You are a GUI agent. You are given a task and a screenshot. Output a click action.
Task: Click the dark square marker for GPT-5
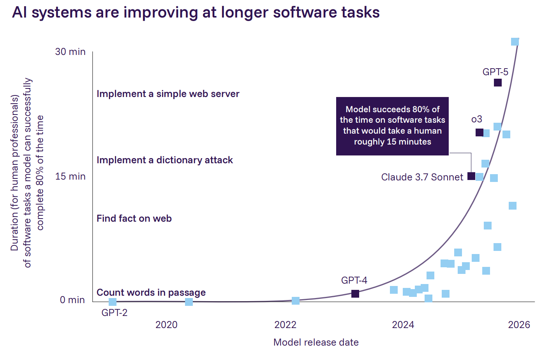pos(497,83)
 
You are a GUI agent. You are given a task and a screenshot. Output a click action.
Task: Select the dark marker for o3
pos(479,132)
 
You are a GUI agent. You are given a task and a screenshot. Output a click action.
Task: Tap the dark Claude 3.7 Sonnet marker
pos(471,176)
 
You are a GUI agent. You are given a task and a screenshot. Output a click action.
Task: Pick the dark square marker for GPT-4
pos(355,293)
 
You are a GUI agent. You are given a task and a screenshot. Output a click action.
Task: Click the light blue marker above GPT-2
pos(113,302)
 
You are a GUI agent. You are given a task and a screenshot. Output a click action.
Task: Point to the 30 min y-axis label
pos(70,52)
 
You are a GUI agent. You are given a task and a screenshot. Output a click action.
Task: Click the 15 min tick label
pos(70,176)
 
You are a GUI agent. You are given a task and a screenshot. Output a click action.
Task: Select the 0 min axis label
pos(72,300)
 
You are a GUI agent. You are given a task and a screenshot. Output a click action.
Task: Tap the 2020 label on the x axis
pos(166,325)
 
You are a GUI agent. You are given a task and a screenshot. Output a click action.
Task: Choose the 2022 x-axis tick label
pos(285,325)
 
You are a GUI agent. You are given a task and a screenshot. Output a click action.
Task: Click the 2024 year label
pos(403,325)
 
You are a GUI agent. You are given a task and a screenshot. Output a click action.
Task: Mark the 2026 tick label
pos(519,325)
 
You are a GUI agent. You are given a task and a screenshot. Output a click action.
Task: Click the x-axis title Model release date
pos(316,342)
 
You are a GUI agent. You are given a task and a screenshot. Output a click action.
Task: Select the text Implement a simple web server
pos(168,94)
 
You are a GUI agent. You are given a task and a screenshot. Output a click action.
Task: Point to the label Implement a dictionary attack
pos(165,160)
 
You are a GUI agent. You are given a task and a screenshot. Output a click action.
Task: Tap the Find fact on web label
pos(134,219)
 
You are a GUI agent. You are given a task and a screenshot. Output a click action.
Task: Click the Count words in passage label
pos(151,293)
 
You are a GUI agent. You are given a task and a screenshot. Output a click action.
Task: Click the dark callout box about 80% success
pos(392,126)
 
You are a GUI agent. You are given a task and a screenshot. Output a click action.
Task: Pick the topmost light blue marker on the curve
pos(515,42)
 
